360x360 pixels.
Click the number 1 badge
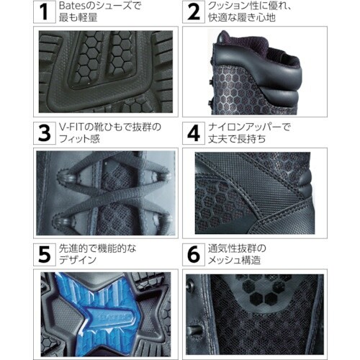click(45, 12)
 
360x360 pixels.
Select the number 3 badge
click(45, 133)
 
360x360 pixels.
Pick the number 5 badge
click(45, 254)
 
